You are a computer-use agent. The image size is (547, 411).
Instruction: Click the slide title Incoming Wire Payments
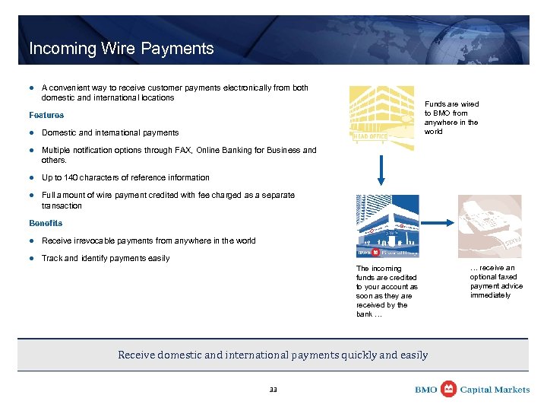(122, 49)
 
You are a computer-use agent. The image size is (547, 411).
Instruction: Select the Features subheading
(46, 115)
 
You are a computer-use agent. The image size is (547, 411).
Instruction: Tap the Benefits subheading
(46, 223)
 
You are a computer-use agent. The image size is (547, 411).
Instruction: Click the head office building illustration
(381, 113)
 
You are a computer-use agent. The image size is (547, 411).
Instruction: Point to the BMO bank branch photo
(387, 226)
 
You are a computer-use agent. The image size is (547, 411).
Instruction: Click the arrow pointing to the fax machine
(435, 224)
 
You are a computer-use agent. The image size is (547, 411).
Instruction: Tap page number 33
(273, 390)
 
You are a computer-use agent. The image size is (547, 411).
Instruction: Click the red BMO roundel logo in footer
(449, 389)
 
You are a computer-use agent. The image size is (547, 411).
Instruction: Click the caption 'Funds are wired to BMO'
(451, 117)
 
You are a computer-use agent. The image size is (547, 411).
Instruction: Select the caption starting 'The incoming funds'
(387, 291)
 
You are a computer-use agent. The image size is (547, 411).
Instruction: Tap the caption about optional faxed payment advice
(496, 282)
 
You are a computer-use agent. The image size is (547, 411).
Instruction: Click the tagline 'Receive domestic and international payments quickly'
(273, 355)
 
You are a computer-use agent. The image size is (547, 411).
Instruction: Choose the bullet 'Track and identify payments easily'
(106, 258)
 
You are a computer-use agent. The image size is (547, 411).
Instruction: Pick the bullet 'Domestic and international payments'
(110, 132)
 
